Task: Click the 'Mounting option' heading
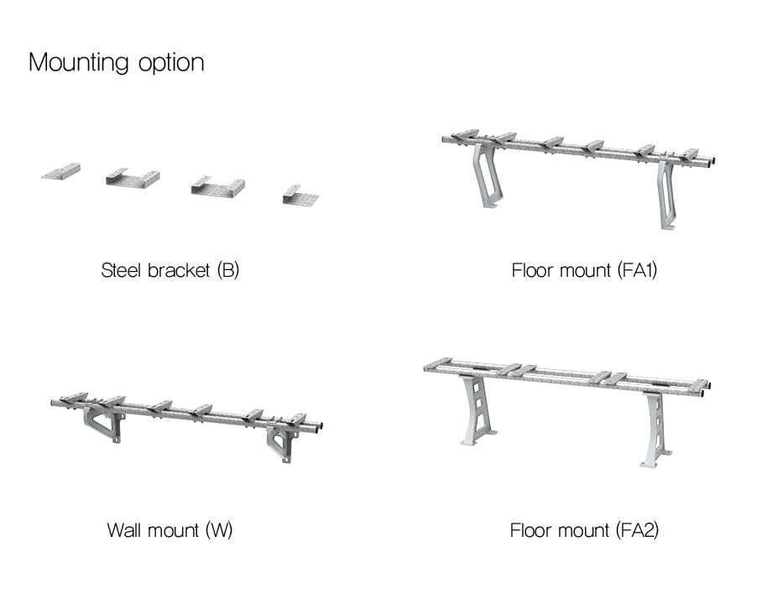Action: pos(116,63)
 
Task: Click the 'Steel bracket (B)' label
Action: pos(170,271)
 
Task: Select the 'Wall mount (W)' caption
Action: pos(170,530)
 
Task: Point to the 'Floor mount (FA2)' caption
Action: pos(584,530)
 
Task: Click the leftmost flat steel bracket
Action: pos(61,172)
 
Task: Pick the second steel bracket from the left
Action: pos(133,178)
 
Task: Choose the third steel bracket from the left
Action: pos(217,187)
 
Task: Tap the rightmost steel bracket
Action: pos(300,195)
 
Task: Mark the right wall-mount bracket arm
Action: pos(281,441)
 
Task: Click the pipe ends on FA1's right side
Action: pos(712,162)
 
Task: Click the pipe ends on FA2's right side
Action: pos(703,388)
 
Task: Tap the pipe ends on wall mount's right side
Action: pos(316,426)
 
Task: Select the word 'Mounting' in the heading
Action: pos(79,63)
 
